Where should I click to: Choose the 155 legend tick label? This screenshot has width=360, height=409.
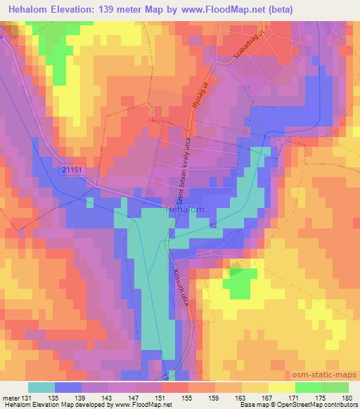coord(188,398)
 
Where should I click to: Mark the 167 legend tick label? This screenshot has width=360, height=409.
coord(267,398)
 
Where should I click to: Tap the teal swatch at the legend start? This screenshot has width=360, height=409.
coord(41,387)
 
